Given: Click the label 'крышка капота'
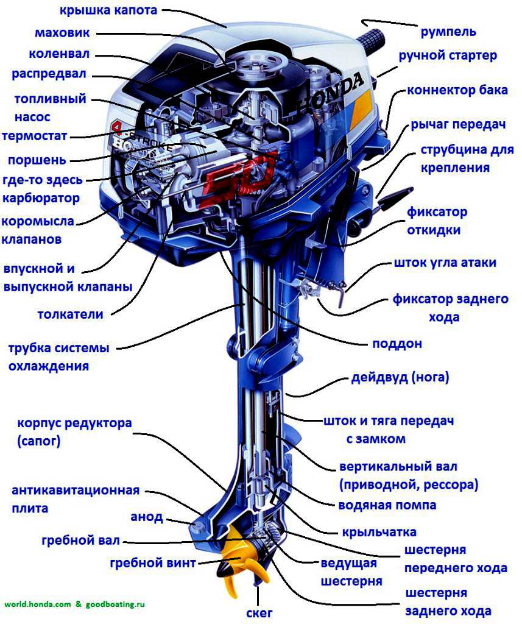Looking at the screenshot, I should pyautogui.click(x=108, y=10).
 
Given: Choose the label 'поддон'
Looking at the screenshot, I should pyautogui.click(x=397, y=344).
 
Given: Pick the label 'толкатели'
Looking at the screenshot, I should pyautogui.click(x=70, y=314).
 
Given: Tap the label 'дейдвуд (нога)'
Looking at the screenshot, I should pyautogui.click(x=400, y=377).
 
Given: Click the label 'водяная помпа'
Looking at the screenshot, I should pyautogui.click(x=387, y=505).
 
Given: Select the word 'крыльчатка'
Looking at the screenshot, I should pyautogui.click(x=379, y=532).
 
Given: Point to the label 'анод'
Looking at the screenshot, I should pyautogui.click(x=147, y=517).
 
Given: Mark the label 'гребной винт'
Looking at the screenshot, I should pyautogui.click(x=153, y=563).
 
